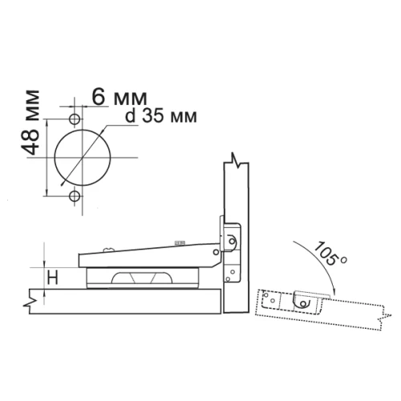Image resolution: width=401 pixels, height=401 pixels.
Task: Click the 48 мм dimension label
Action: [30, 123]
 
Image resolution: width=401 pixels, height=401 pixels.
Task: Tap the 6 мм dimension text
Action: [119, 97]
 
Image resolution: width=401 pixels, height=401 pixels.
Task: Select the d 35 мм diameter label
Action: [161, 116]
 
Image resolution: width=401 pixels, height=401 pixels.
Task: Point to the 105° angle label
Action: [330, 253]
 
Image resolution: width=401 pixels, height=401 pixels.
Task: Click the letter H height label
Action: [53, 277]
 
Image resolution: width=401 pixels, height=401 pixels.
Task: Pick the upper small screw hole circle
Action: [75, 119]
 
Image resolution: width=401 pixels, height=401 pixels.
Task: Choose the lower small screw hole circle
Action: [75, 196]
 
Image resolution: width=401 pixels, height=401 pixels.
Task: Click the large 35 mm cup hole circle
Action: [83, 158]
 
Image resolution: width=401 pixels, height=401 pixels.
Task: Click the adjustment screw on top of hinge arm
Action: [109, 249]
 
